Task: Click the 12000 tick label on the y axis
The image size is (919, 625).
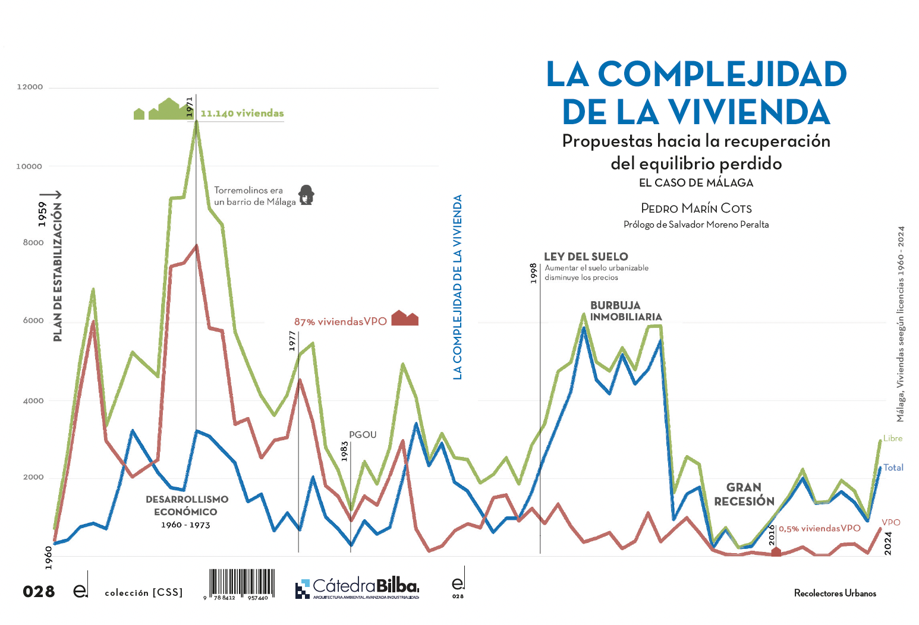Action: [30, 87]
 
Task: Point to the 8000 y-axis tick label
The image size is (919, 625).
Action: [33, 242]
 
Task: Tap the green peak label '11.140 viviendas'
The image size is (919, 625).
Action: [242, 113]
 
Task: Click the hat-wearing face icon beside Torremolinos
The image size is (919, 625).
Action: [306, 195]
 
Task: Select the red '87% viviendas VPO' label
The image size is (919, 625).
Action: [340, 321]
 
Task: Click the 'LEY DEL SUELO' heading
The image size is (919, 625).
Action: [586, 257]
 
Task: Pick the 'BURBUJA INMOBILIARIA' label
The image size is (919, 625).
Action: [625, 311]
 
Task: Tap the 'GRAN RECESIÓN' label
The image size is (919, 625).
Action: [744, 494]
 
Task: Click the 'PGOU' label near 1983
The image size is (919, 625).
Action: [363, 435]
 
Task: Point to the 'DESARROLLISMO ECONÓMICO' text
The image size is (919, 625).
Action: [187, 506]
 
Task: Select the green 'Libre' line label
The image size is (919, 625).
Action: [892, 438]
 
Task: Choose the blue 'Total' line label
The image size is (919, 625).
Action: [893, 468]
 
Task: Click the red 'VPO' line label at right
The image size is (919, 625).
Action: [890, 523]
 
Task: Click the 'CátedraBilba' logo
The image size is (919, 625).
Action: [357, 588]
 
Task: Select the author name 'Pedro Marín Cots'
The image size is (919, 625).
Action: [696, 209]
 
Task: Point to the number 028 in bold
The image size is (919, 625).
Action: [39, 592]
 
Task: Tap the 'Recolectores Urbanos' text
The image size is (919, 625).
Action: [835, 593]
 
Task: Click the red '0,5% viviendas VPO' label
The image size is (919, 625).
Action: [819, 528]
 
